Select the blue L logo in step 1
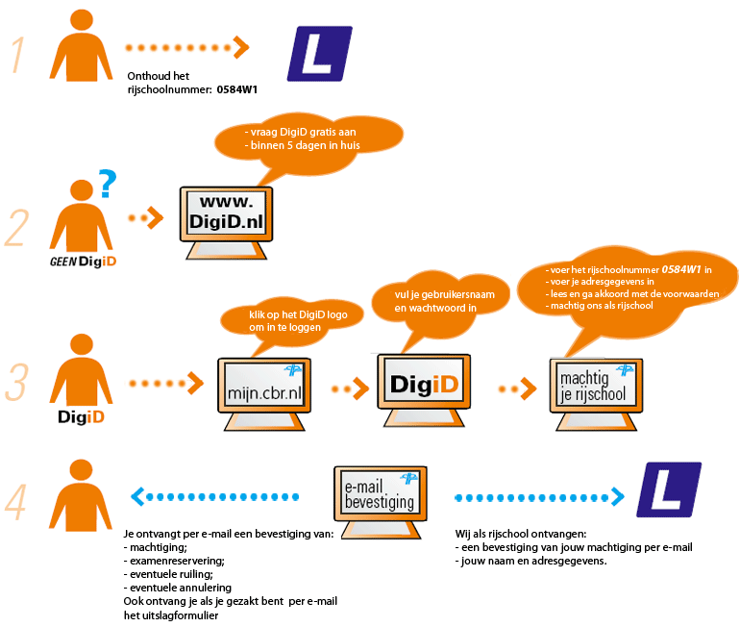(320, 54)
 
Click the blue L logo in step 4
(670, 489)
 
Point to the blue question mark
(109, 181)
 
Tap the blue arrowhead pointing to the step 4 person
(136, 496)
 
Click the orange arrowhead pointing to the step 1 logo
(242, 46)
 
